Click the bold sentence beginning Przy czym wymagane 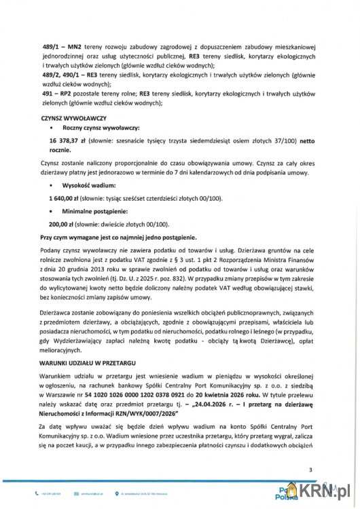119,238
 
